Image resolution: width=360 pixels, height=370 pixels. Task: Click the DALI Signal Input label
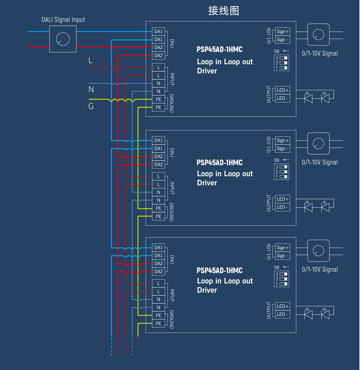point(63,20)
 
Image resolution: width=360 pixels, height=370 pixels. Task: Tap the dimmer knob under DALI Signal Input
point(63,39)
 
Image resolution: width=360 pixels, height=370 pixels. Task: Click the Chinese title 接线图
point(223,11)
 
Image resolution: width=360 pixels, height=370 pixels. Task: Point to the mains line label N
point(91,89)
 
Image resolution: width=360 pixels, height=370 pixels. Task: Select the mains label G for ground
point(91,106)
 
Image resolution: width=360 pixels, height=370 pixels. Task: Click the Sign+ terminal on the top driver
point(282,32)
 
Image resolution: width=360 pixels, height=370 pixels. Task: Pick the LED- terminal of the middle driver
point(282,207)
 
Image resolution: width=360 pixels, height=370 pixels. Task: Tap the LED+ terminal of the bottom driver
point(282,306)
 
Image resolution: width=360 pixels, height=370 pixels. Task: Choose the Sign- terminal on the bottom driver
point(282,256)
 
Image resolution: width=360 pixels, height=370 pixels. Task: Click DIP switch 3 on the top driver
point(283,58)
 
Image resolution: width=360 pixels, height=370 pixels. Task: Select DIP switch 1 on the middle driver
point(283,177)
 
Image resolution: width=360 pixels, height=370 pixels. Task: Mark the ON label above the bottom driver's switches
point(277,267)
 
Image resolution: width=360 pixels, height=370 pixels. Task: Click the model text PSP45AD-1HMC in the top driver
point(220,49)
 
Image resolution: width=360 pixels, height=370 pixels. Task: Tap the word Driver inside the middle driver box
point(207,183)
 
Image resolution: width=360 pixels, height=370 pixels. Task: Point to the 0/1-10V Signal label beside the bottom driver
point(320,270)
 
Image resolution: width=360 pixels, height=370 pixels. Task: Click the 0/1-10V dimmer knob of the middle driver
point(318,144)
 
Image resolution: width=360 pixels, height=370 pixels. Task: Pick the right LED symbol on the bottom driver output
point(325,313)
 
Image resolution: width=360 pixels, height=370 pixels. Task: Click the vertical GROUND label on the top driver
point(172,103)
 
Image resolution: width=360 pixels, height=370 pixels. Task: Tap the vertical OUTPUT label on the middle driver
point(269,203)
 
